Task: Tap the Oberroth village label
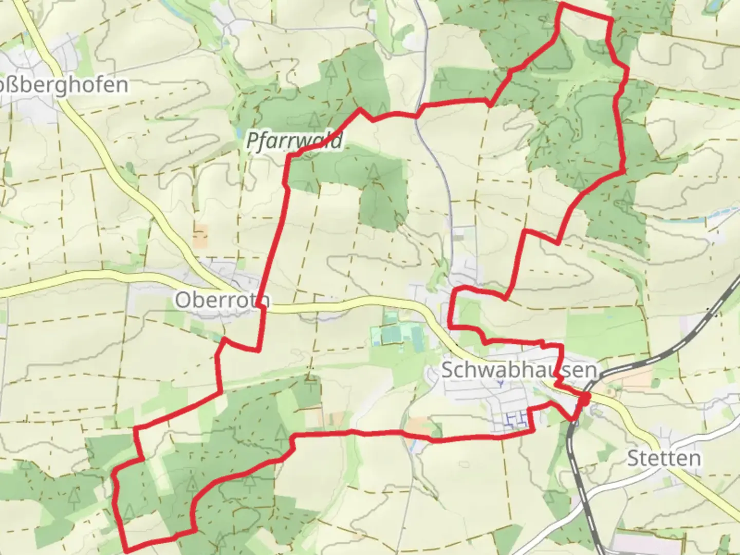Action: pos(222,300)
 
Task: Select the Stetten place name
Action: pos(664,458)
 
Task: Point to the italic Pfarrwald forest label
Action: pos(294,140)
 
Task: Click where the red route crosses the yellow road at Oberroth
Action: pos(263,307)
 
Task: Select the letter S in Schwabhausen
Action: pos(447,370)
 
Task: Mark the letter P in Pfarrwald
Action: pos(252,141)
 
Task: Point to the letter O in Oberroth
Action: pos(182,300)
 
